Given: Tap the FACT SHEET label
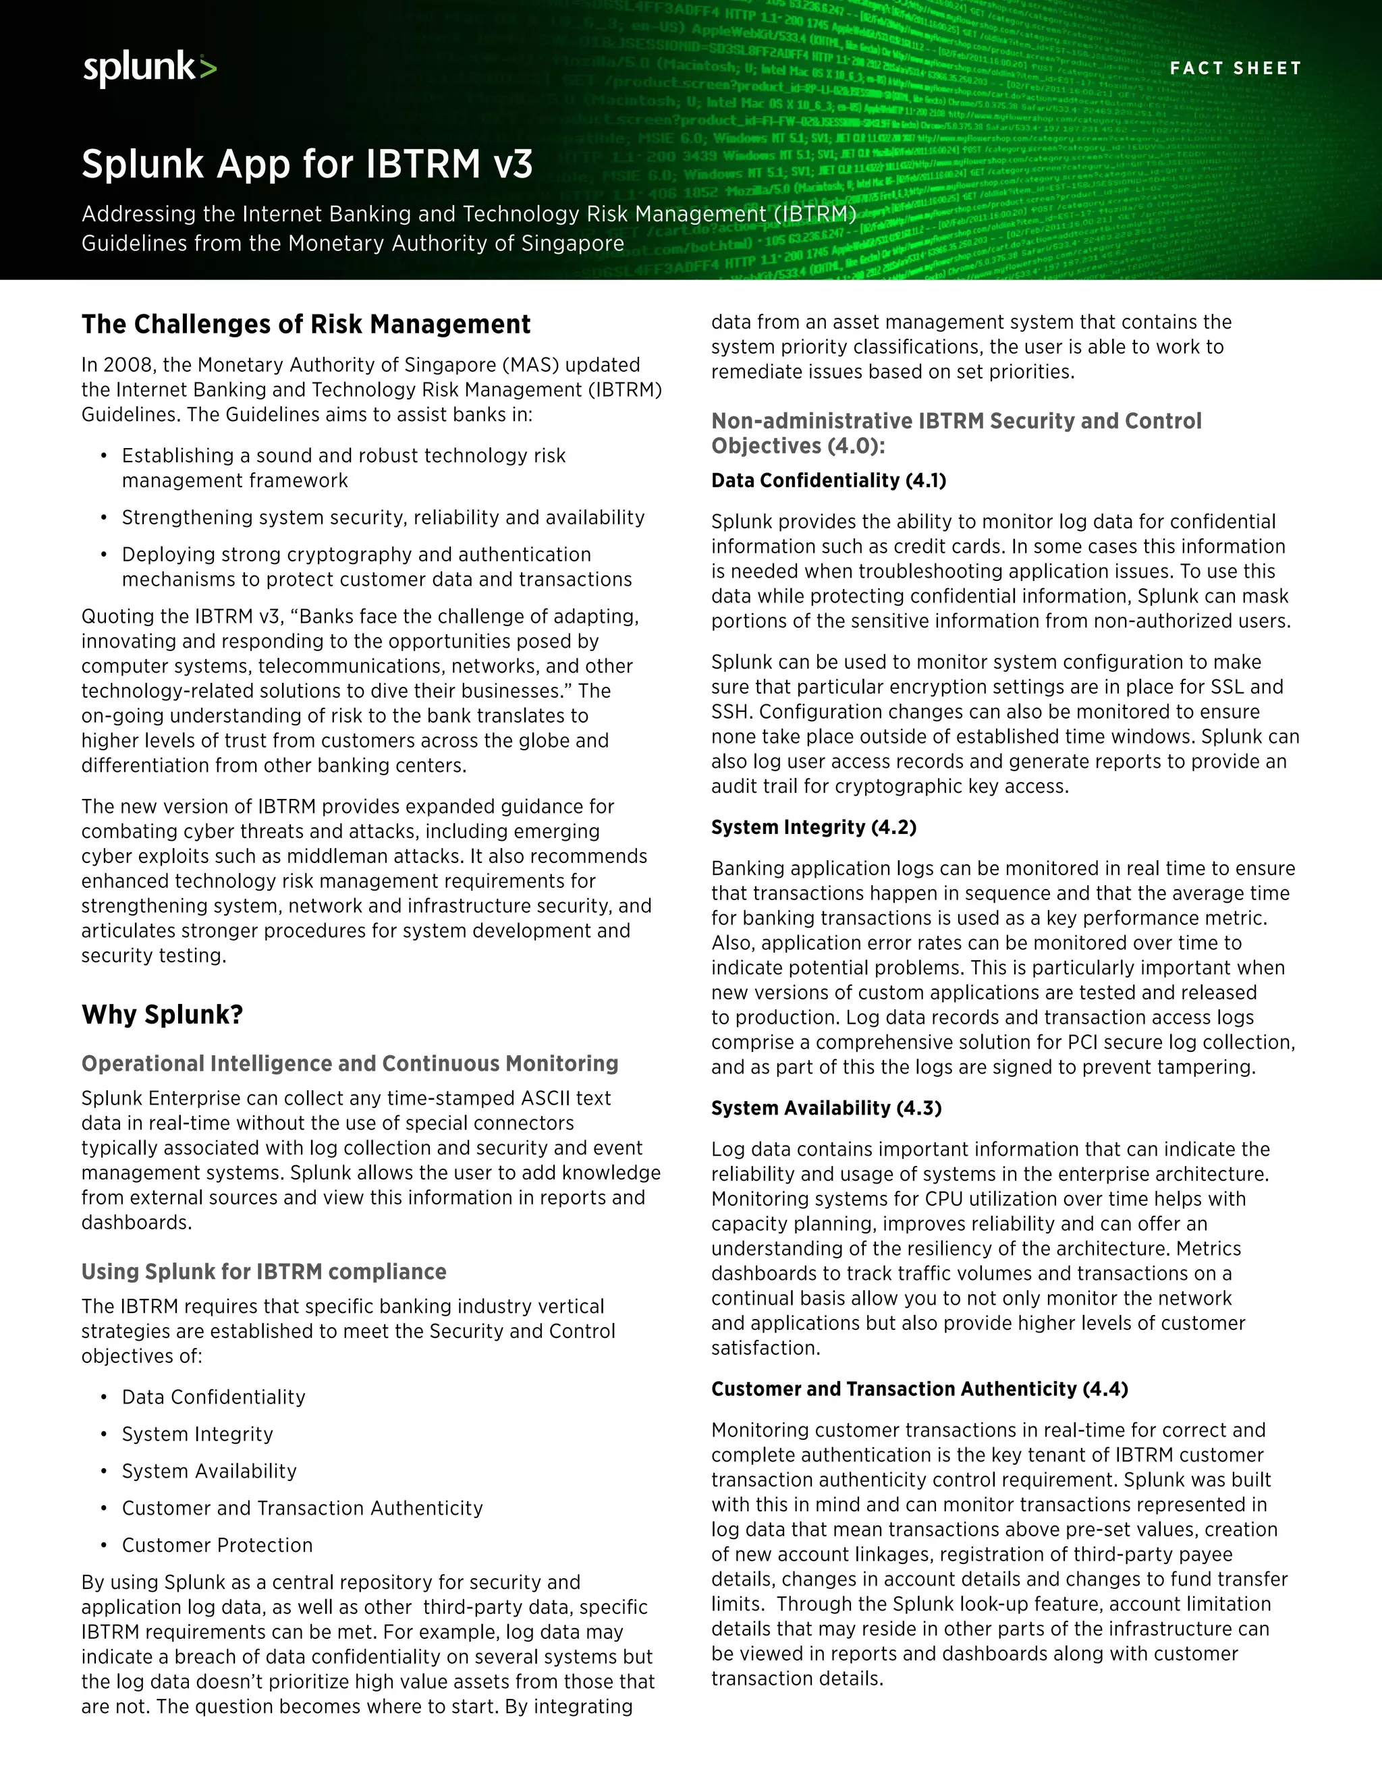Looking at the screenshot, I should coord(1235,68).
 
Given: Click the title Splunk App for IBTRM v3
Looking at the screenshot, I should coord(307,164).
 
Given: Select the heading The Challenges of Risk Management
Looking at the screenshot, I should coord(306,324).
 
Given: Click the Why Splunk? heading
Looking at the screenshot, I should coord(162,1014).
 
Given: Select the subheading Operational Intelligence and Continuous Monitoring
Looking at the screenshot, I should coord(350,1063).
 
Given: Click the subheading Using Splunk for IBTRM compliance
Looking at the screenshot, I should coord(264,1271).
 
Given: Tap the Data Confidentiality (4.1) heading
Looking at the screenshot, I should coord(829,480).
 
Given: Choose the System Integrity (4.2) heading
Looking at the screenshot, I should coord(813,827).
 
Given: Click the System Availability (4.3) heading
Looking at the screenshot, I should coord(826,1108).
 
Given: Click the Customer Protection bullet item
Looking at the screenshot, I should coord(217,1545).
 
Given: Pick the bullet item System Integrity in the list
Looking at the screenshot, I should coord(197,1434).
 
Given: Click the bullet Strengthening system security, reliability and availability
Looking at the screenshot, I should coord(383,518).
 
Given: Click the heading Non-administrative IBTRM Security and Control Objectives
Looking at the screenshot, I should coord(956,433).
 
